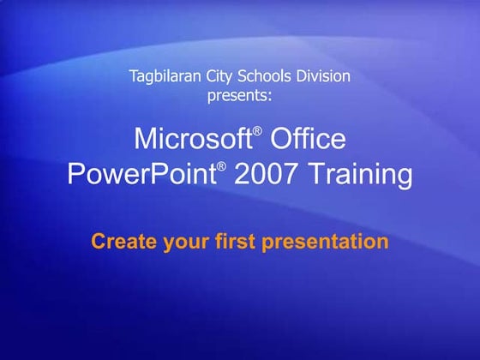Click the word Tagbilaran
click(x=164, y=76)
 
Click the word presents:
click(x=239, y=95)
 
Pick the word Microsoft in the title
click(x=192, y=139)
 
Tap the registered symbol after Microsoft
click(x=255, y=130)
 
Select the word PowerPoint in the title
click(x=141, y=176)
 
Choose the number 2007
click(x=262, y=176)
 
